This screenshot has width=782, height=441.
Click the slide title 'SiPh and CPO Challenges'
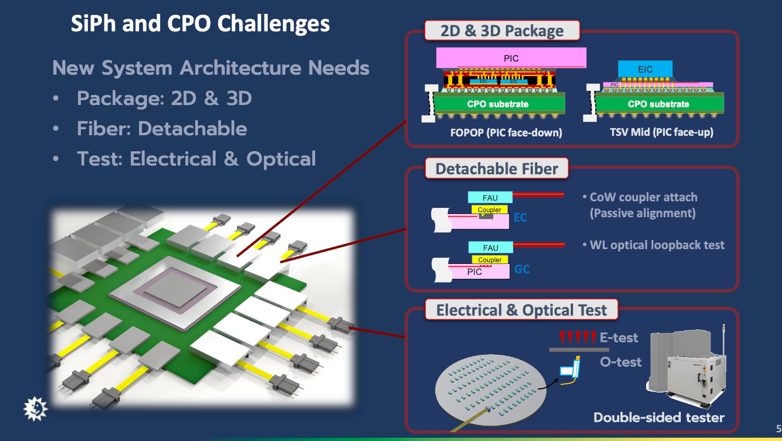(200, 24)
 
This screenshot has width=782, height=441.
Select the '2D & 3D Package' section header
(502, 31)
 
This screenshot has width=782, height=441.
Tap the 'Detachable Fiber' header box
(497, 168)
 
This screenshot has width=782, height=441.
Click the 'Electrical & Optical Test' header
(521, 310)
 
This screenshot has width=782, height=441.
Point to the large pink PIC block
(511, 58)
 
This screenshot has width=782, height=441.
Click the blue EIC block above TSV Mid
(645, 69)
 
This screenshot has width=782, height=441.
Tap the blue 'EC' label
(520, 218)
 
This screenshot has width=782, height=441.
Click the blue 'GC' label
(522, 269)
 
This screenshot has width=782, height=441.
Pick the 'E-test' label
(619, 337)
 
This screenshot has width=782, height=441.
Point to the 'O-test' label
(621, 362)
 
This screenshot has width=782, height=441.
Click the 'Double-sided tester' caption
(659, 417)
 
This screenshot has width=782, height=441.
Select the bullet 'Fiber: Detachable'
(162, 129)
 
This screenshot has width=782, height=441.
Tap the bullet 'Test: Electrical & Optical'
(196, 159)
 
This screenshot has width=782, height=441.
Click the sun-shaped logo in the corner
(36, 409)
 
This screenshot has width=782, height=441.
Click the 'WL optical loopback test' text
(657, 245)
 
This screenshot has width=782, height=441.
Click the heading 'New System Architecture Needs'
(211, 68)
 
